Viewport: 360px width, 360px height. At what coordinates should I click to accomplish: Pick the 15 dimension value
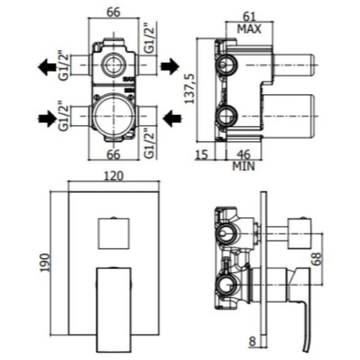click(x=202, y=155)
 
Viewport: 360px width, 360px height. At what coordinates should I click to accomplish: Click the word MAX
click(x=249, y=30)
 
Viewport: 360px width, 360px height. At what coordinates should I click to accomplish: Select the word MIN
click(x=243, y=166)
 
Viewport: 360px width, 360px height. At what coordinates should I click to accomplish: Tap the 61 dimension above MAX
click(x=249, y=17)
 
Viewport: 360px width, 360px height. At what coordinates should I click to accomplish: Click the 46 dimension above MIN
click(x=243, y=154)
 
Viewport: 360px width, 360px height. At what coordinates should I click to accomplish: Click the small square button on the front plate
click(x=113, y=233)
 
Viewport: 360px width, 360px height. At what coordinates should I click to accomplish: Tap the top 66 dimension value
click(x=113, y=12)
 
